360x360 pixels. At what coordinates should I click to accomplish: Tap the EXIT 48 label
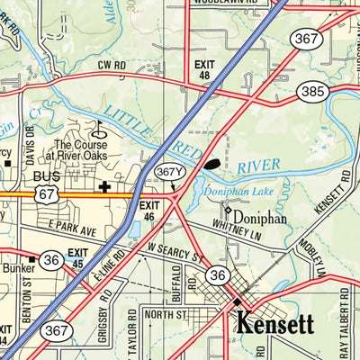(x=206, y=70)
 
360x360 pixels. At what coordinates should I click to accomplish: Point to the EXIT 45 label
(x=80, y=258)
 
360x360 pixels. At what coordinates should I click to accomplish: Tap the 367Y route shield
(x=169, y=171)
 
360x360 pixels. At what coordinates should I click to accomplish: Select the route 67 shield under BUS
(x=48, y=194)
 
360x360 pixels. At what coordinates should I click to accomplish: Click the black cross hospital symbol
(x=105, y=188)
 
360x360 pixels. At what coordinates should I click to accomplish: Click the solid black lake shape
(x=211, y=164)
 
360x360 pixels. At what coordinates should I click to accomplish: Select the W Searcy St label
(x=175, y=255)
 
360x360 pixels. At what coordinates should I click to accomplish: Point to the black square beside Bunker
(x=32, y=259)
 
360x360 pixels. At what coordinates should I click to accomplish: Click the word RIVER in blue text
(x=258, y=166)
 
